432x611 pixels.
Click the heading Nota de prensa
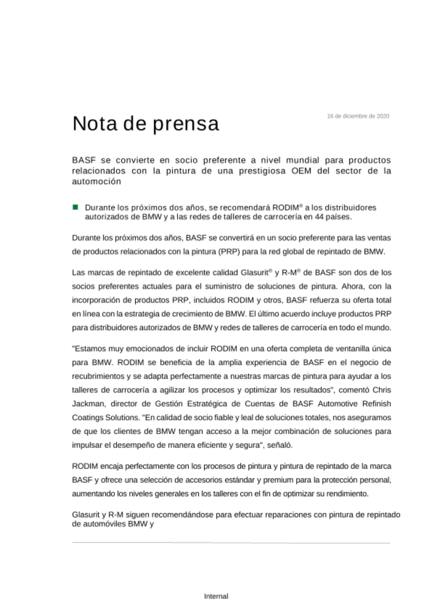coord(146,123)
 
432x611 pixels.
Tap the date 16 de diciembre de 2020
coord(358,116)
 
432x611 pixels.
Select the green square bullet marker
coord(75,207)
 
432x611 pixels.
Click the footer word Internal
coord(216,596)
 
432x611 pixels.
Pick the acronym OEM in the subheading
coord(301,171)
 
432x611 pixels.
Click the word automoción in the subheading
coord(97,181)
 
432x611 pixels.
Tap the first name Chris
coord(382,390)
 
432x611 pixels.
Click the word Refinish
coord(376,404)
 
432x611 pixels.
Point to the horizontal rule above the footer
coord(231,543)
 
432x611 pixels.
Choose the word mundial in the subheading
coord(302,160)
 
